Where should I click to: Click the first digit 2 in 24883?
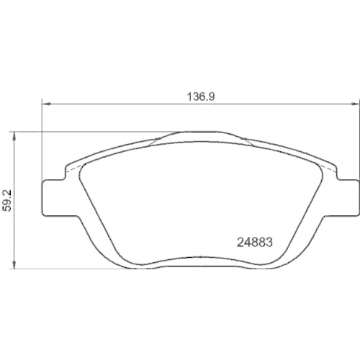coord(241,243)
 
